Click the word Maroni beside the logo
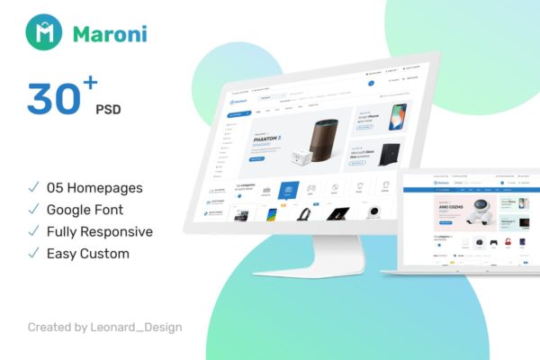coord(111,35)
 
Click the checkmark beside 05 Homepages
coord(33,188)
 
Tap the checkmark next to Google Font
coord(33,210)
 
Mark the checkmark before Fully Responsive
coord(33,231)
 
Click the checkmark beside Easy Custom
coord(33,253)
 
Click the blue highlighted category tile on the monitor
coord(288,190)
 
